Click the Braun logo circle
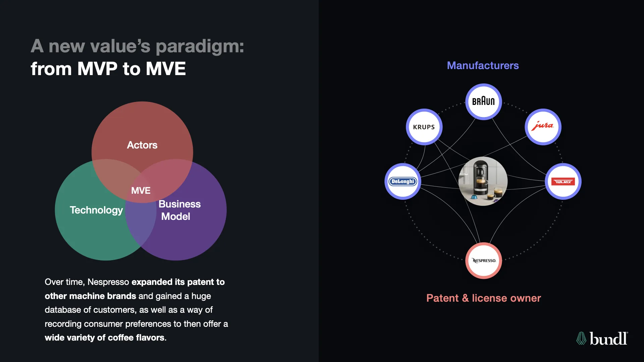(483, 101)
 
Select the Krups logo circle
(424, 127)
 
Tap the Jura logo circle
(543, 127)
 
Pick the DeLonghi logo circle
(402, 181)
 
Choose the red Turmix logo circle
(563, 181)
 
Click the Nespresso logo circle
(484, 260)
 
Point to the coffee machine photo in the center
(483, 181)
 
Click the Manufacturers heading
(483, 65)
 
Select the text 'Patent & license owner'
(483, 298)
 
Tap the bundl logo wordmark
(608, 339)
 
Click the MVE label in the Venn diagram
(141, 190)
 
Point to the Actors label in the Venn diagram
(142, 145)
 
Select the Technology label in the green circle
(96, 210)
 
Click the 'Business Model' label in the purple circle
(179, 210)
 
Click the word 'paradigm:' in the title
(200, 46)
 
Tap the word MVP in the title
(97, 69)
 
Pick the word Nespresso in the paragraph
(108, 282)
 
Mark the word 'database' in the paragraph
(63, 310)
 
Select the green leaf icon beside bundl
(581, 339)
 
